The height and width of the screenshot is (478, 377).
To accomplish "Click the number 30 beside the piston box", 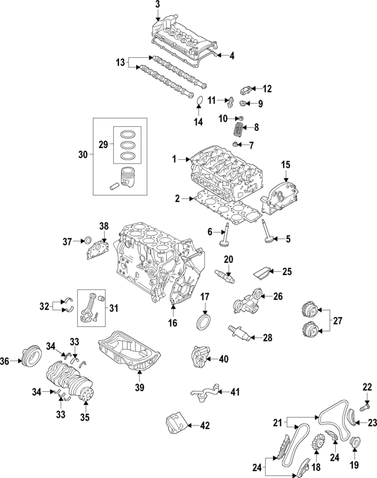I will click(x=82, y=155).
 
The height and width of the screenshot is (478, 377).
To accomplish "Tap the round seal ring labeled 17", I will click(x=205, y=323).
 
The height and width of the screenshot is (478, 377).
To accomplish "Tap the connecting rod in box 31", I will click(x=90, y=306).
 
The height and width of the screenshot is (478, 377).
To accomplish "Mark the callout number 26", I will click(x=278, y=296).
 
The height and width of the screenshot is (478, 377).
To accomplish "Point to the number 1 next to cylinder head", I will click(x=174, y=159).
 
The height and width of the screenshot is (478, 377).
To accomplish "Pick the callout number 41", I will click(x=235, y=391).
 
